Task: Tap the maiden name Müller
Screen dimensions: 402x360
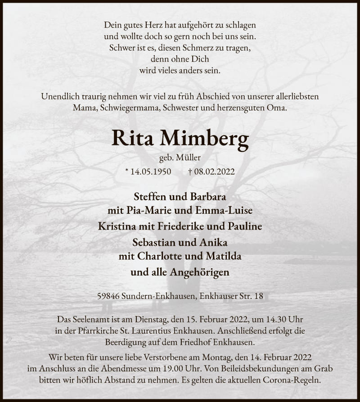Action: pos(189,158)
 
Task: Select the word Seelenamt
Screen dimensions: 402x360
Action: pos(90,319)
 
